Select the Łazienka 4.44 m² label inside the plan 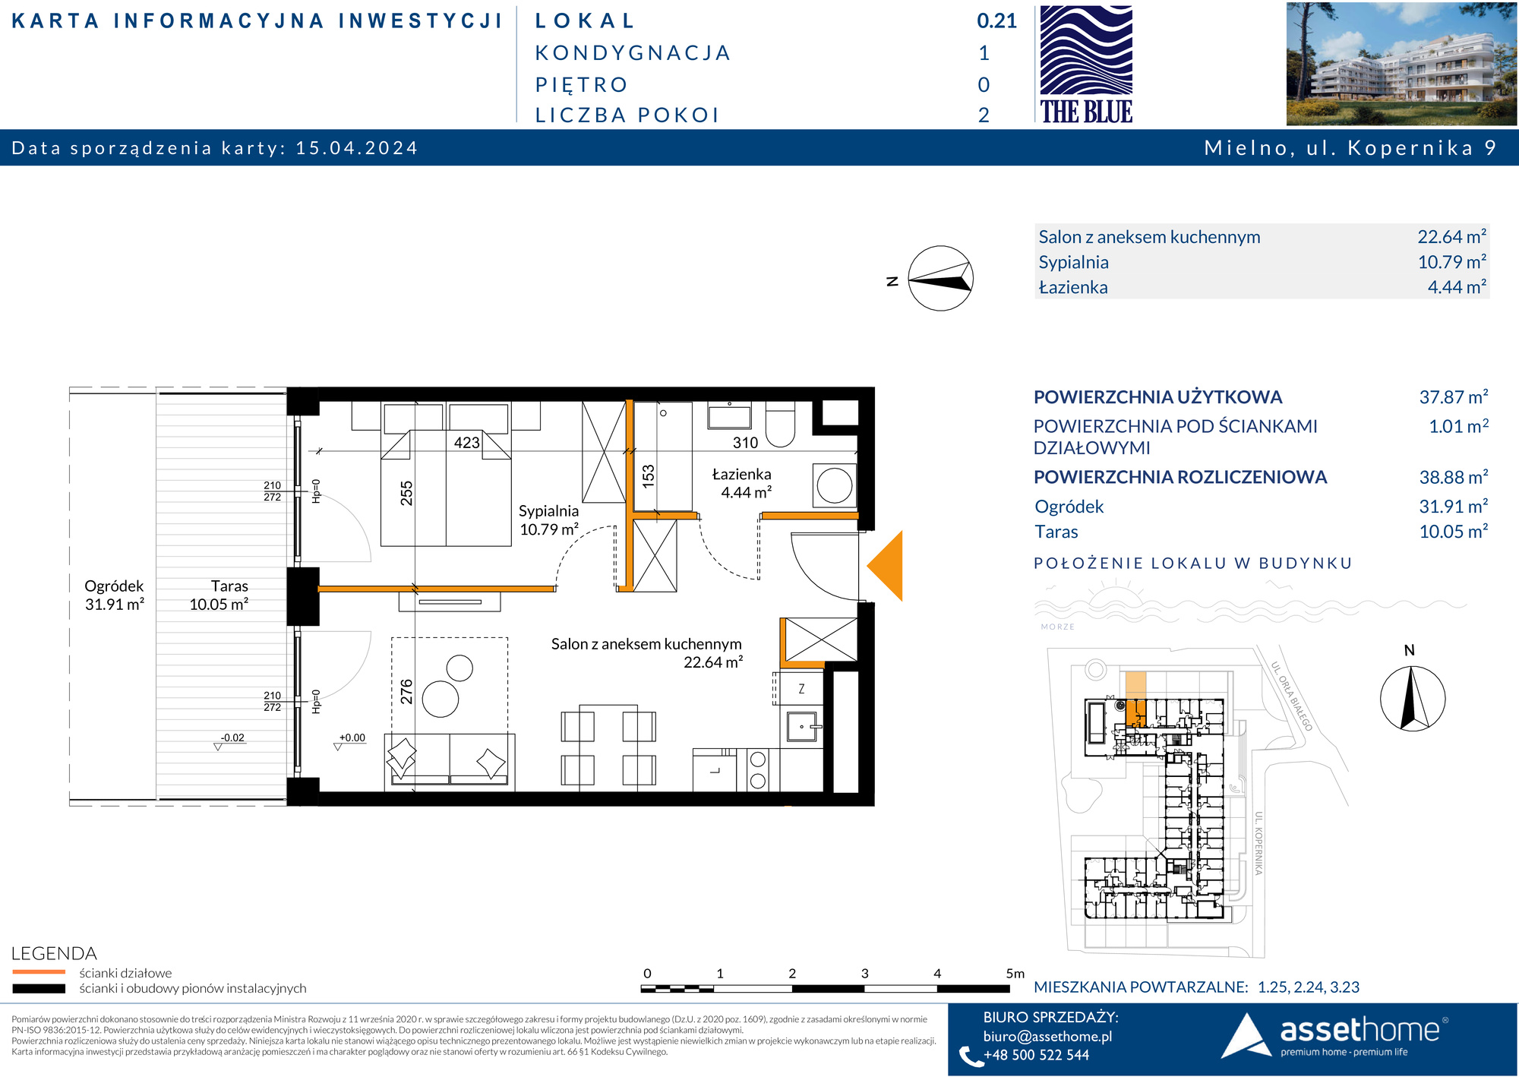(742, 483)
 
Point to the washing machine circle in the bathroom (835, 485)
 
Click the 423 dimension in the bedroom (467, 443)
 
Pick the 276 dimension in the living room (406, 691)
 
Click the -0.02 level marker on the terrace (232, 737)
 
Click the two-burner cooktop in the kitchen (757, 769)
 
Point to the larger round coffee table (441, 699)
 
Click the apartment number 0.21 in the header (996, 21)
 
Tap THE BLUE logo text (1086, 112)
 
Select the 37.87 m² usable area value (1454, 396)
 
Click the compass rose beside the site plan (1412, 698)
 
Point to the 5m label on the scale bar (1015, 973)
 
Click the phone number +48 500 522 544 (1036, 1055)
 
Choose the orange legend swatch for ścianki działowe (39, 971)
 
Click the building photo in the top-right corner (1401, 64)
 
